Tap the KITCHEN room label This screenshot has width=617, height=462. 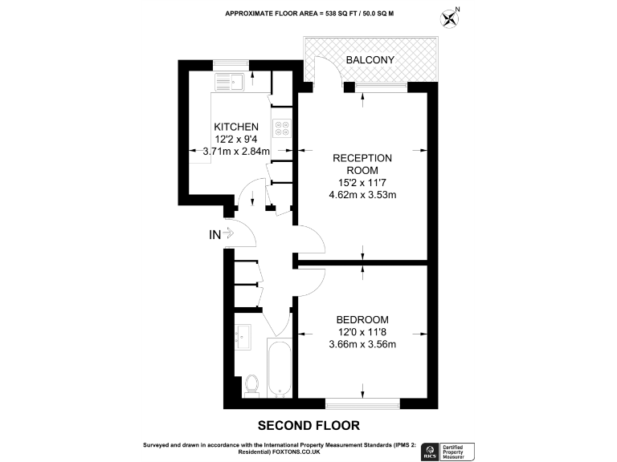click(235, 127)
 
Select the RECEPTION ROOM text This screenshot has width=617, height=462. click(362, 164)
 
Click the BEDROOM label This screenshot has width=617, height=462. click(362, 319)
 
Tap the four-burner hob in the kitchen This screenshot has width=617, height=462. click(282, 130)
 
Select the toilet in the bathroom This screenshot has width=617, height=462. click(251, 384)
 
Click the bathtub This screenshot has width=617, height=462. click(279, 370)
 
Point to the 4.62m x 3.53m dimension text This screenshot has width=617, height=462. click(362, 194)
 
